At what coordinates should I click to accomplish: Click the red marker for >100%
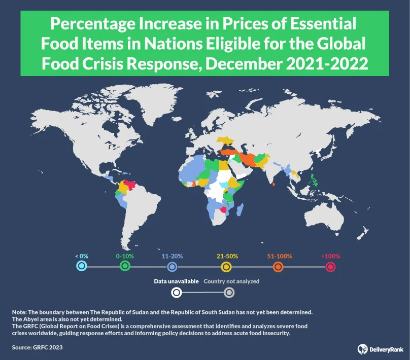tap(331, 267)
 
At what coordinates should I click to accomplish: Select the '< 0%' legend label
tap(82, 256)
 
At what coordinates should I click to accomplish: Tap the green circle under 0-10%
tap(125, 267)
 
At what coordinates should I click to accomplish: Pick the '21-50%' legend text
tap(228, 256)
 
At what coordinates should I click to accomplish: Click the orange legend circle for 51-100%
tap(278, 267)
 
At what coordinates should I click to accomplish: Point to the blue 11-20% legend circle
tap(172, 267)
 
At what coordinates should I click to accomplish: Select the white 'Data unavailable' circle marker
tap(176, 292)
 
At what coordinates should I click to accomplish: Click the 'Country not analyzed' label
tap(231, 281)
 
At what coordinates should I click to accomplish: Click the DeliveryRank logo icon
tap(362, 348)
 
